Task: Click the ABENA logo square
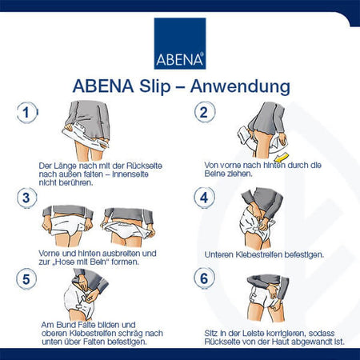(180, 43)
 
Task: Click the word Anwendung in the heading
(240, 87)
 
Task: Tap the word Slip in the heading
(155, 86)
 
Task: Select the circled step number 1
(26, 113)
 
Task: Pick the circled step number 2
(204, 112)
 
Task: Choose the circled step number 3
(26, 198)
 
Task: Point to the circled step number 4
(204, 198)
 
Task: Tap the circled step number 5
(26, 279)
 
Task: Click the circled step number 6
(204, 278)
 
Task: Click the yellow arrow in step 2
(282, 158)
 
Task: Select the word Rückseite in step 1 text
(144, 166)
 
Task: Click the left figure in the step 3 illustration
(68, 226)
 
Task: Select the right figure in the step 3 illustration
(128, 227)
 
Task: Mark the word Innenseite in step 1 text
(130, 174)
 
